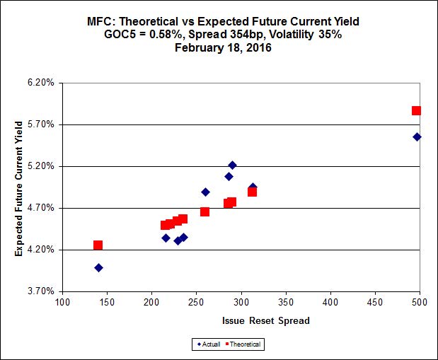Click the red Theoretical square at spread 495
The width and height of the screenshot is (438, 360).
(416, 111)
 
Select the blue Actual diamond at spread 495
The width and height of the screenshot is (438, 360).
(417, 137)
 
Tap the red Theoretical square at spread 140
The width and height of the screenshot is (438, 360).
(98, 245)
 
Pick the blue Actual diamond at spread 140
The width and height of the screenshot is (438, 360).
(98, 268)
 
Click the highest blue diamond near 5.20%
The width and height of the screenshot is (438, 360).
(232, 165)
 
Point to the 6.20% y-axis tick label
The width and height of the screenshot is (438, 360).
(40, 83)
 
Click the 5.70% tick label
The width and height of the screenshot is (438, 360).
(40, 124)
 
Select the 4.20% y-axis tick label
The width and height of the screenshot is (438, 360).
(40, 250)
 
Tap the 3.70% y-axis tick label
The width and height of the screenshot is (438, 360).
(40, 291)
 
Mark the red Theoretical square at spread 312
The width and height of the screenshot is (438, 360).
(252, 192)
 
